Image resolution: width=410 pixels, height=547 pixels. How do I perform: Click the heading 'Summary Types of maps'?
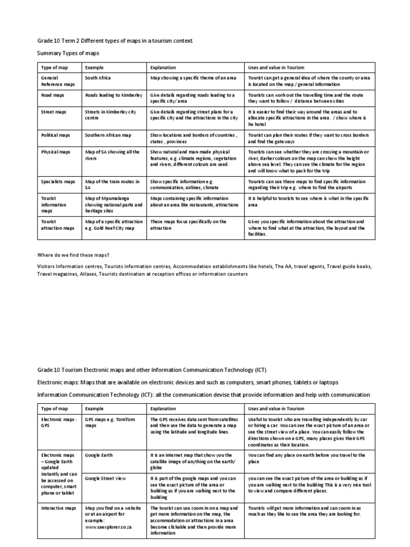pyautogui.click(x=68, y=53)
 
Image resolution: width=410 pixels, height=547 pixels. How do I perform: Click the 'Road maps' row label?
pyautogui.click(x=54, y=95)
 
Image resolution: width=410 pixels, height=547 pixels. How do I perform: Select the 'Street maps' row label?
pyautogui.click(x=54, y=112)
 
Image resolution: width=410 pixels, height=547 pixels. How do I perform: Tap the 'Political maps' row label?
pyautogui.click(x=57, y=135)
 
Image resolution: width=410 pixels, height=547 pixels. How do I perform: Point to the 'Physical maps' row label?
pyautogui.click(x=56, y=152)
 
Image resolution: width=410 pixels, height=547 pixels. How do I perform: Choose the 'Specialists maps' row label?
pyautogui.click(x=59, y=182)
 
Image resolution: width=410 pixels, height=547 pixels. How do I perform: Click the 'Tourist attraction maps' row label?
pyautogui.click(x=58, y=224)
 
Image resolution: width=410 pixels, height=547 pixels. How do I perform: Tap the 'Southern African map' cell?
pyautogui.click(x=110, y=135)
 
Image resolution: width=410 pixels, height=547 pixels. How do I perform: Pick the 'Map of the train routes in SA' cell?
pyautogui.click(x=113, y=185)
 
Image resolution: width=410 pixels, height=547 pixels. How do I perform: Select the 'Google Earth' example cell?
pyautogui.click(x=99, y=455)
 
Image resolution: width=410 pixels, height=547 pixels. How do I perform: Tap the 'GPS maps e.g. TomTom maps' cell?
pyautogui.click(x=110, y=423)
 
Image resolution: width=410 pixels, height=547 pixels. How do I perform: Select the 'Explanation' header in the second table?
pyautogui.click(x=163, y=409)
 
